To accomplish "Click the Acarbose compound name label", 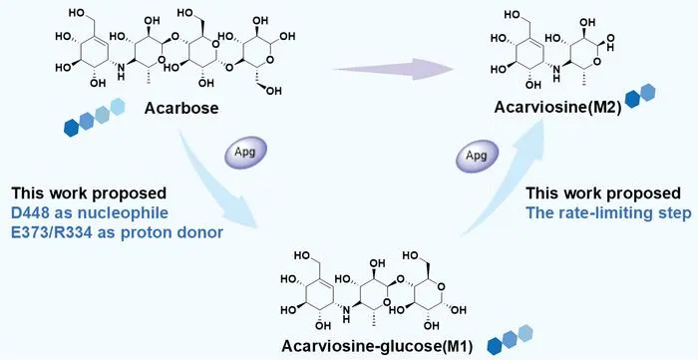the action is [x=181, y=108].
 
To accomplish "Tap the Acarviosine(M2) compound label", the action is [x=557, y=108].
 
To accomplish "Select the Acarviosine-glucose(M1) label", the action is [x=377, y=346].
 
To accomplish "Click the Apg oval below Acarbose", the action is [x=245, y=153].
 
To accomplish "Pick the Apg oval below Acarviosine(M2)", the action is [x=477, y=157].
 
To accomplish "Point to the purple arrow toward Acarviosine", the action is [x=394, y=69].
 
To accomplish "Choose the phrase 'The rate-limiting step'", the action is [x=608, y=212].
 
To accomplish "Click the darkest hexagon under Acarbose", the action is [x=71, y=128].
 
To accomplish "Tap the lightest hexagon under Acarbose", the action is [x=118, y=107].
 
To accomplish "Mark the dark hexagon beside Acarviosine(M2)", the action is [x=632, y=100].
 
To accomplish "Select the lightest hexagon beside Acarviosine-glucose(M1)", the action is [x=525, y=333].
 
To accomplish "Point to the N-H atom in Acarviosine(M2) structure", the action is [x=556, y=73].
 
